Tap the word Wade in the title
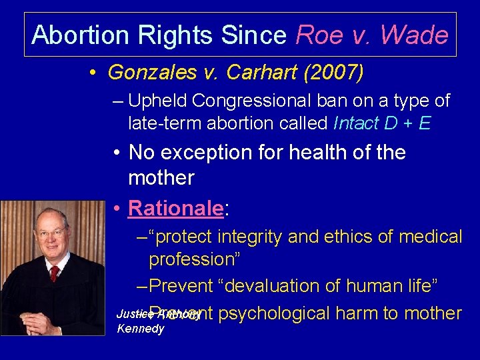pyautogui.click(x=415, y=34)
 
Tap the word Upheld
pyautogui.click(x=157, y=101)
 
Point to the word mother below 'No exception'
pyautogui.click(x=161, y=178)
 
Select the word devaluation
pyautogui.click(x=281, y=286)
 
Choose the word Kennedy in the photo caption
pyautogui.click(x=140, y=329)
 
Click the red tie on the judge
pyautogui.click(x=54, y=273)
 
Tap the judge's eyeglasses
pyautogui.click(x=51, y=234)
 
